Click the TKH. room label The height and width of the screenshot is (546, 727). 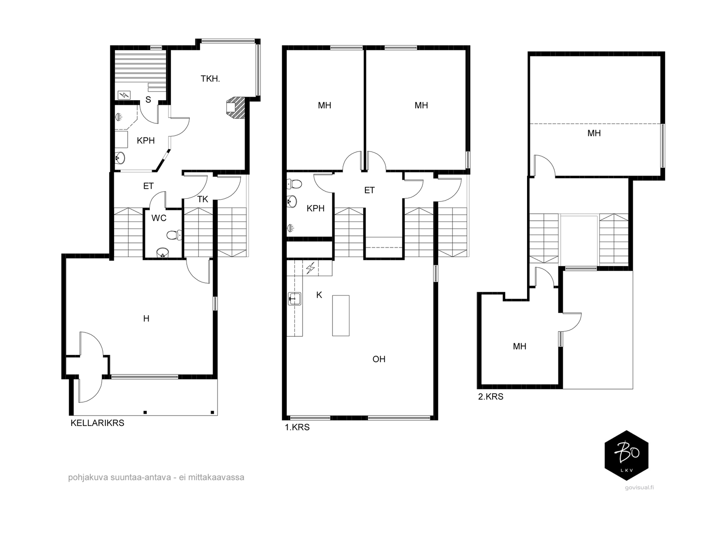coord(210,79)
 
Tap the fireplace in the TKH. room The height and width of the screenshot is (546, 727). coord(235,107)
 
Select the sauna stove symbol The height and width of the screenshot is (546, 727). coord(124,96)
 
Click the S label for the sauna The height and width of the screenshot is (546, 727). coord(148,100)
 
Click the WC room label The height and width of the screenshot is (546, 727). coord(159,218)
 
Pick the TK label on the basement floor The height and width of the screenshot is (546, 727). coord(203,199)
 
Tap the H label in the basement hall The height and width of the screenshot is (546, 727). coord(146,318)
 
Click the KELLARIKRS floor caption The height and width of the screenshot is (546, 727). coord(97,423)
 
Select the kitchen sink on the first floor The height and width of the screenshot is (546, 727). coord(294,298)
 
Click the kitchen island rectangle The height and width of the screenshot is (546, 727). coord(340,316)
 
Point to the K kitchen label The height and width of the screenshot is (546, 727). coord(319,295)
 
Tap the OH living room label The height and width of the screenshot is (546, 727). coord(379,359)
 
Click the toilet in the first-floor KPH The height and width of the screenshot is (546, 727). coord(294,184)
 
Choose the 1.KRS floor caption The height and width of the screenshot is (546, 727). coord(297,427)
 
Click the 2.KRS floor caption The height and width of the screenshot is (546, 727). coord(491,396)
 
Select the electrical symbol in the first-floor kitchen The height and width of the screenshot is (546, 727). coord(310,268)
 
